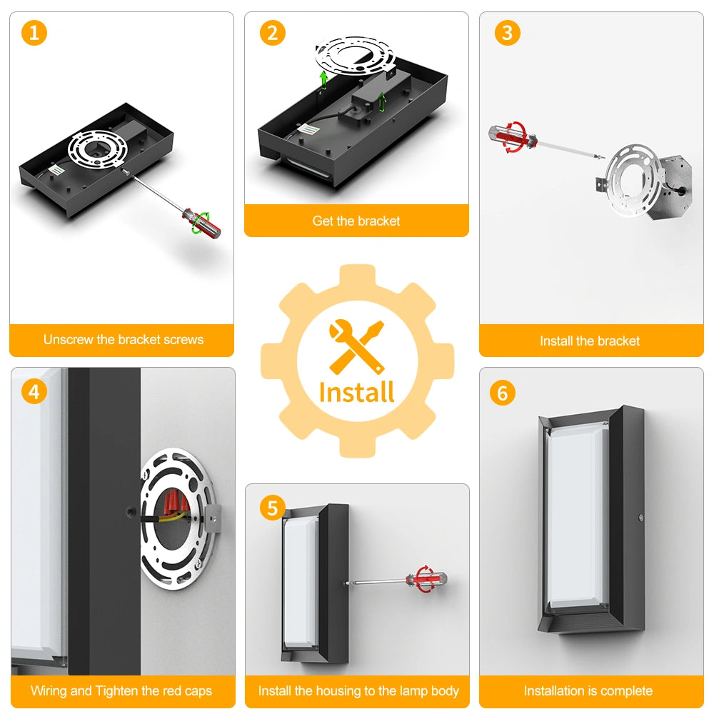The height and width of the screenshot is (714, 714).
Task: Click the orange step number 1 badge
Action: pyautogui.click(x=34, y=33)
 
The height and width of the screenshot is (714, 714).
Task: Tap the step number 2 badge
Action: pyautogui.click(x=272, y=33)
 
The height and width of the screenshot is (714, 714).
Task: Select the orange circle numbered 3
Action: pyautogui.click(x=507, y=33)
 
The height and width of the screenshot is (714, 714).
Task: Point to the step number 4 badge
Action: pyautogui.click(x=34, y=391)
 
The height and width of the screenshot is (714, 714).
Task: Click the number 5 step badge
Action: pyautogui.click(x=272, y=508)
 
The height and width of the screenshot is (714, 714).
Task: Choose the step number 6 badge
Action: pyautogui.click(x=502, y=393)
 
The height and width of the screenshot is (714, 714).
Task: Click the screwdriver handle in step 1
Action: pyautogui.click(x=202, y=223)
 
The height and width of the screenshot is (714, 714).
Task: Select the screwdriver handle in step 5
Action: pyautogui.click(x=426, y=579)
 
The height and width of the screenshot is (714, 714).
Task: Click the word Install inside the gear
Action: pyautogui.click(x=357, y=393)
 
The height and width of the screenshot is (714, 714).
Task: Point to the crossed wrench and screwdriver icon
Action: pyautogui.click(x=357, y=346)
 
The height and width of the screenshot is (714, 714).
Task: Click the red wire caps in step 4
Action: pyautogui.click(x=176, y=502)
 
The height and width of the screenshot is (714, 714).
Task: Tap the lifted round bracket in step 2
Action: pyautogui.click(x=355, y=57)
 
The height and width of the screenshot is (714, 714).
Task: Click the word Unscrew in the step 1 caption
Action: pyautogui.click(x=69, y=340)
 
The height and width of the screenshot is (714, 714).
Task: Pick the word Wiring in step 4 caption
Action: pyautogui.click(x=49, y=690)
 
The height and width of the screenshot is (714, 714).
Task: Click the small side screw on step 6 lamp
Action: pyautogui.click(x=641, y=518)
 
